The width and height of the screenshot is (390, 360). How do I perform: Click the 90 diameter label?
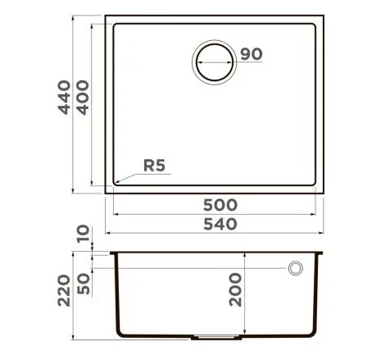click(252, 54)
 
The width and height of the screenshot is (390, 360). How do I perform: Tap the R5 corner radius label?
click(154, 165)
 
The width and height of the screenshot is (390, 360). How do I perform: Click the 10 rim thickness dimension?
click(84, 239)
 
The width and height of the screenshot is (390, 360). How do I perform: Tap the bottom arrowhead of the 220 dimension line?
click(74, 339)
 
